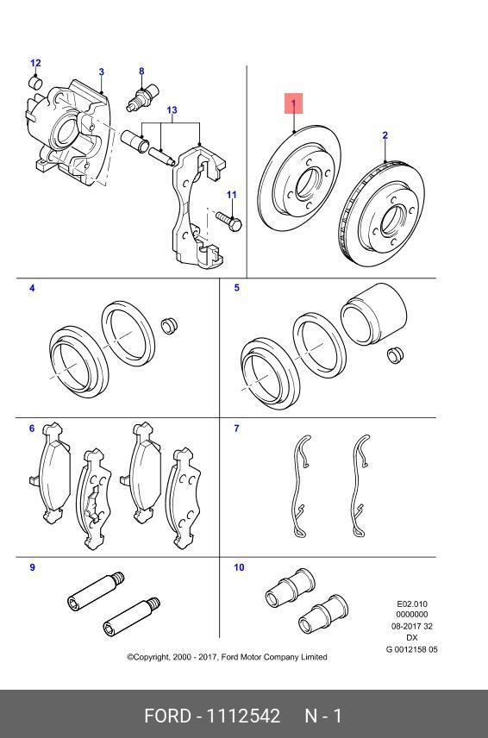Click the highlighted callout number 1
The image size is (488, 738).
tap(293, 104)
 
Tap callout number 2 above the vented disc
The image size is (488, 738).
tap(385, 135)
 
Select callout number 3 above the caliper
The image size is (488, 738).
tap(101, 72)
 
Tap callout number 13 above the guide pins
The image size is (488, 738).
tap(172, 110)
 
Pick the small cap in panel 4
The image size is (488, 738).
tap(170, 326)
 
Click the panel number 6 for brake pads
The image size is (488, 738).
tap(32, 428)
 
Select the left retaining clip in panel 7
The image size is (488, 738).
tap(299, 487)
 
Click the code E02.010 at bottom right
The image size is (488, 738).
tap(411, 604)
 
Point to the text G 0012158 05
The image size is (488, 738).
tap(411, 649)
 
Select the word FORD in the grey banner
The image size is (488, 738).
tap(166, 716)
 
